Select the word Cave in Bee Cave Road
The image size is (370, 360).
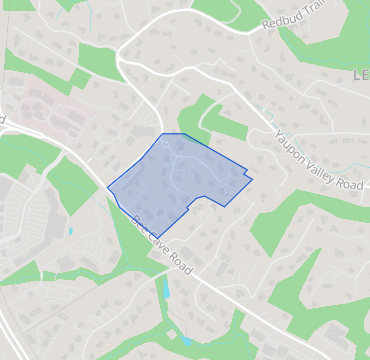point(155,240)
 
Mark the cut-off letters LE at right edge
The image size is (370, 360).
point(361,76)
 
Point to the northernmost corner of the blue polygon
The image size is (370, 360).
point(163,134)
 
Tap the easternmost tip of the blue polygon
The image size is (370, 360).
point(252,180)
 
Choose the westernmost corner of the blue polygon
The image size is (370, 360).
point(107,186)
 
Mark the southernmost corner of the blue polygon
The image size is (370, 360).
point(158,239)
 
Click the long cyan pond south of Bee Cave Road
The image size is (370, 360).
point(166,290)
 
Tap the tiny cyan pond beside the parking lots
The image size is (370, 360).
point(71,232)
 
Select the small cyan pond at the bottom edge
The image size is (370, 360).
point(187,341)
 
